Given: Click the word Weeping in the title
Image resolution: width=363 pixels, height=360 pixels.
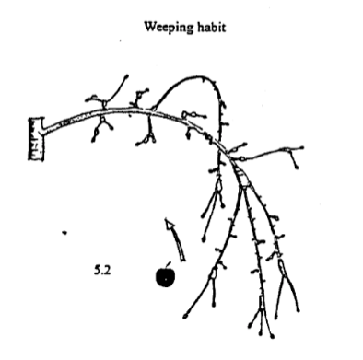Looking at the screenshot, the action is pos(167,27).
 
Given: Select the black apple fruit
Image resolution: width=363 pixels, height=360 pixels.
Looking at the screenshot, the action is pos(165,276).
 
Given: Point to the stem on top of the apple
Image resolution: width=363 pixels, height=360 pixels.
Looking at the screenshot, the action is pos(169,263).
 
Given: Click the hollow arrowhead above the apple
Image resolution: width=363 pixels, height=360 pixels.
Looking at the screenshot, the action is pos(168,226).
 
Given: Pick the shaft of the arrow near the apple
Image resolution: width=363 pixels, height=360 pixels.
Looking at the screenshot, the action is pos(176,243).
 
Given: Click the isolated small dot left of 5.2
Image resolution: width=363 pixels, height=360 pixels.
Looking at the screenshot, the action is pos(64,232).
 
